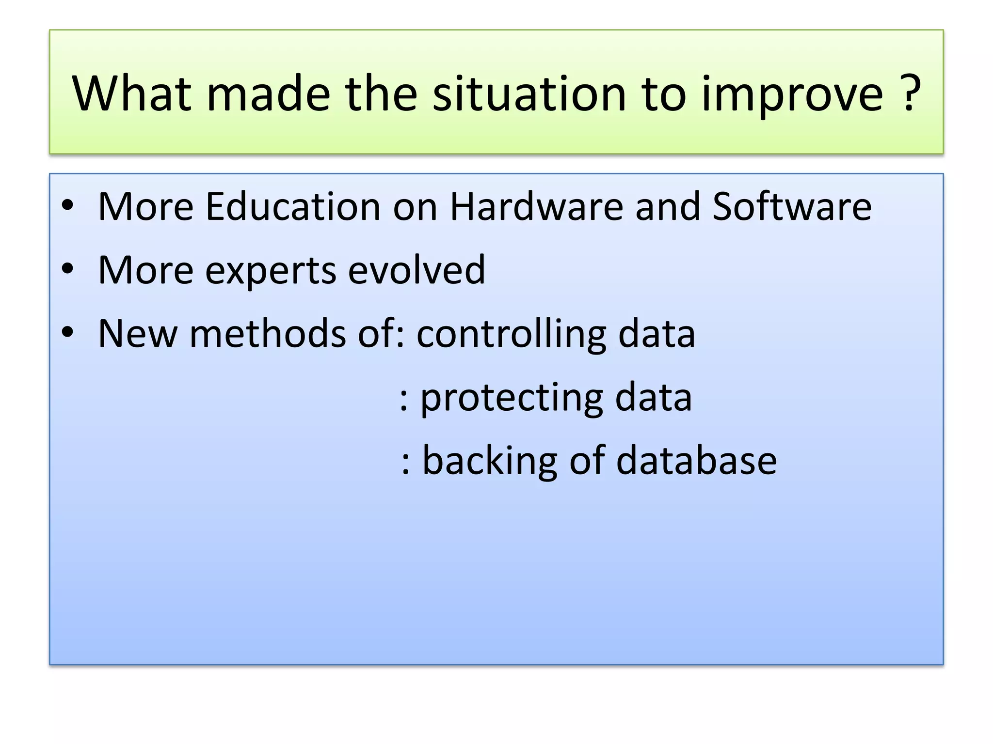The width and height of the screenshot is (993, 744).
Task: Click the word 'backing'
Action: pos(490,462)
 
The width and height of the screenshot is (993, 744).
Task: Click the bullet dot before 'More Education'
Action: pos(67,205)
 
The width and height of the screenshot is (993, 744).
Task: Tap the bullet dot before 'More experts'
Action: pos(67,269)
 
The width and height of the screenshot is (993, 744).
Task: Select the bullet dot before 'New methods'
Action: pos(67,332)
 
